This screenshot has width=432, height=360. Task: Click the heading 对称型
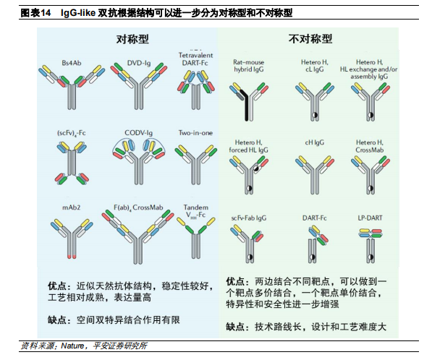tap(132, 39)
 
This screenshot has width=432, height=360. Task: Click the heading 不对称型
tap(310, 39)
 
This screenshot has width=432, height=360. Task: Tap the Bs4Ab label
tap(72, 63)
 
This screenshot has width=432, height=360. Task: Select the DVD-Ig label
tap(139, 63)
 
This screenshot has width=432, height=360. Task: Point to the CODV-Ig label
tap(138, 133)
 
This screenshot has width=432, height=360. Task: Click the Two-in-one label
tap(195, 133)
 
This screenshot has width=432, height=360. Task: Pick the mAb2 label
tap(72, 207)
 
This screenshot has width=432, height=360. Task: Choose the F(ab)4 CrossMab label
tap(138, 207)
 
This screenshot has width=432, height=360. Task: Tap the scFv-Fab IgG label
tap(249, 218)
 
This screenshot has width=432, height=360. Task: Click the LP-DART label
tap(370, 218)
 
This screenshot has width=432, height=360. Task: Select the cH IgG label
tap(314, 142)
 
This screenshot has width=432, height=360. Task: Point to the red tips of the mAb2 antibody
tap(72, 257)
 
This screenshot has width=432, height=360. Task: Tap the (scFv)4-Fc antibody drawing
tap(72, 163)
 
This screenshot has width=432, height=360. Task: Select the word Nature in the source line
tap(72, 346)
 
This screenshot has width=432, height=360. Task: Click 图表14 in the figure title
tap(35, 13)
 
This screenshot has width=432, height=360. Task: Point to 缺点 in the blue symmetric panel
tap(57, 320)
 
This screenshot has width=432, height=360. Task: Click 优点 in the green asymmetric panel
tap(235, 281)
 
